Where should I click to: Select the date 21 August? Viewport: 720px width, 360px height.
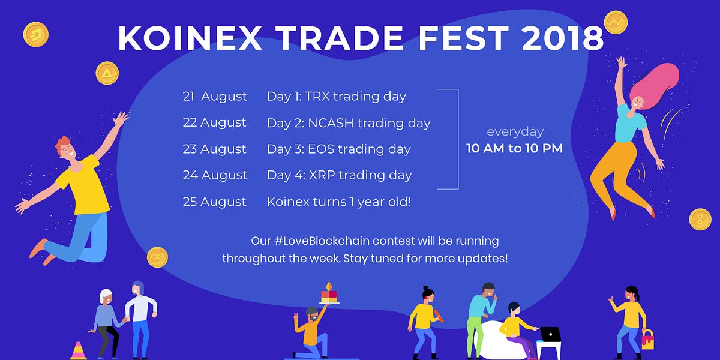[x=215, y=96]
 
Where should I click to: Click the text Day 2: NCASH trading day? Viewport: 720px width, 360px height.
[x=349, y=123]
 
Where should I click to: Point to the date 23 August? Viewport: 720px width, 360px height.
[x=215, y=149]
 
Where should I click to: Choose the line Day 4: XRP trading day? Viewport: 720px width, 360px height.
[x=339, y=175]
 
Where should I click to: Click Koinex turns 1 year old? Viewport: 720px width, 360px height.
[x=339, y=202]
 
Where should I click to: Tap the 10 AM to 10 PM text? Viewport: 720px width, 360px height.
[x=514, y=148]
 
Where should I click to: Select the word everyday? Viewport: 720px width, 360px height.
[x=514, y=131]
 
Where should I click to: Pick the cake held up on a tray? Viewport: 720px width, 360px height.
[x=328, y=295]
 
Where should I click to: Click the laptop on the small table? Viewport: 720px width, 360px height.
[x=550, y=334]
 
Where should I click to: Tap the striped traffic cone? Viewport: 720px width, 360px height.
[x=78, y=350]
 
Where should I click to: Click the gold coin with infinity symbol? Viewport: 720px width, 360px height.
[x=157, y=257]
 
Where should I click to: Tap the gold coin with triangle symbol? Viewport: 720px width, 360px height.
[x=107, y=73]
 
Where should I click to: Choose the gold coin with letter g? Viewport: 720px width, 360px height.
[x=700, y=219]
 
